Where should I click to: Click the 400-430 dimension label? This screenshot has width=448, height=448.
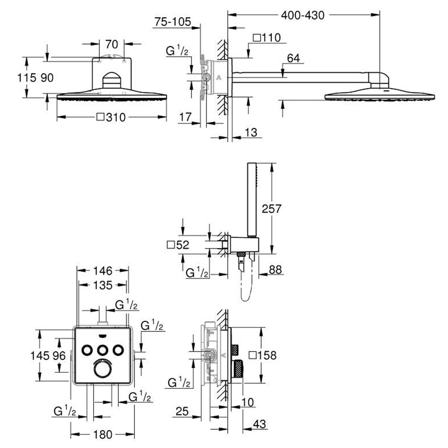pos(302,15)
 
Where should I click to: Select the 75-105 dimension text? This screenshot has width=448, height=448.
pos(172,22)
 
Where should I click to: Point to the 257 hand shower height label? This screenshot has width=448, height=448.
pos(271,209)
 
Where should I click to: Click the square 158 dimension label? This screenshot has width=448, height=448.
pos(263,355)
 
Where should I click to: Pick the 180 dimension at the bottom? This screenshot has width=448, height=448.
pos(103,435)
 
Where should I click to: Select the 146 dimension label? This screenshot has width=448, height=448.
pos(103,271)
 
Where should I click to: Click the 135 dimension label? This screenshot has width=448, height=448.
pos(103,285)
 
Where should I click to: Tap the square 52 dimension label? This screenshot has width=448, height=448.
pos(178,245)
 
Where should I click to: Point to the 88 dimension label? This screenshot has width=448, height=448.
pos(275,269)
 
